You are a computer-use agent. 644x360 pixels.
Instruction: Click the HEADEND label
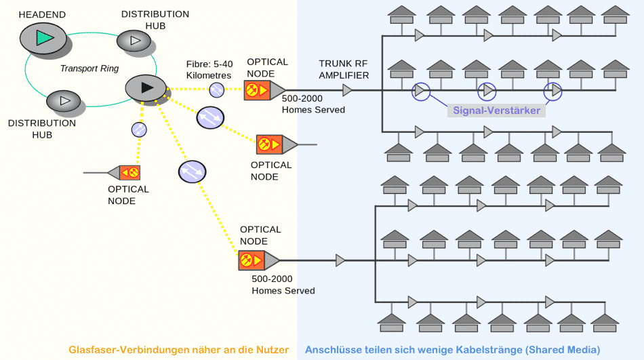point(42,15)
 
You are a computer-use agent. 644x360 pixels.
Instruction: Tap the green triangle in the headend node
point(44,38)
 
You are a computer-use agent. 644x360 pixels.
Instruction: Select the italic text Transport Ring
point(89,68)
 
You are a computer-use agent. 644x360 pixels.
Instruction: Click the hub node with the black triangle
point(146,87)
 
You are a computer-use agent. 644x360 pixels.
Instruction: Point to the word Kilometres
point(209,76)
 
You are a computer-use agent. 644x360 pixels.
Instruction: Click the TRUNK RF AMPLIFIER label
point(344,69)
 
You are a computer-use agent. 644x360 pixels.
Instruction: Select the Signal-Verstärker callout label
point(496,111)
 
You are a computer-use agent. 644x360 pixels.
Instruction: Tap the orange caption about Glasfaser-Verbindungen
point(179,350)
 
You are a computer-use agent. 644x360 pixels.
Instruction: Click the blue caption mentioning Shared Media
point(453,350)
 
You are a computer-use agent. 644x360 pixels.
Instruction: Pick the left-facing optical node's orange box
point(129,173)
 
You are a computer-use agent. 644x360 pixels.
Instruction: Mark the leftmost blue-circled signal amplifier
point(420,92)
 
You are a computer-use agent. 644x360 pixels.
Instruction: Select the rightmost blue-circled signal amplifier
point(552,92)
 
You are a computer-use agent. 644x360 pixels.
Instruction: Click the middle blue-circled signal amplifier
point(487,92)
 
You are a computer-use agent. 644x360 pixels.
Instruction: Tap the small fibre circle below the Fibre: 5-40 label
point(216,90)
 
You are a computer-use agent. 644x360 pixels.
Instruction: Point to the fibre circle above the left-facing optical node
point(139,130)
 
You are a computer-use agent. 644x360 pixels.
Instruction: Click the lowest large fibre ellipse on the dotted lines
point(193,172)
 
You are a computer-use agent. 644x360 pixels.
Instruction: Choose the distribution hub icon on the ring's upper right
point(134,41)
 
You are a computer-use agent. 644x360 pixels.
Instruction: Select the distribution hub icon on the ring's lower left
point(63,101)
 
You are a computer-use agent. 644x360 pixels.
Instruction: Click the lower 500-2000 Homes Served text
point(283,285)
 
